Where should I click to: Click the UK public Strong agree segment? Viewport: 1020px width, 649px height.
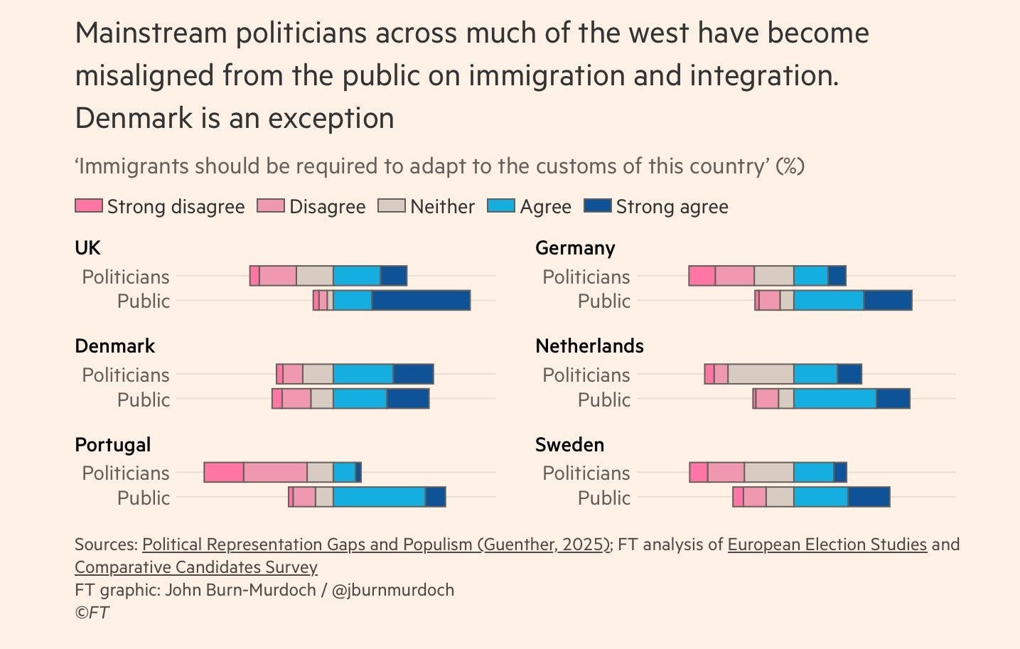click(421, 301)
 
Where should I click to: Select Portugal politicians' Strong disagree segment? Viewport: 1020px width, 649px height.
click(224, 473)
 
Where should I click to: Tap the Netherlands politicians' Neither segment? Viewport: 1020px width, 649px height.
click(761, 375)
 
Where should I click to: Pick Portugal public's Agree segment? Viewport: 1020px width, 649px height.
click(380, 498)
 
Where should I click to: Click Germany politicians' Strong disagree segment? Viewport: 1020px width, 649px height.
click(702, 276)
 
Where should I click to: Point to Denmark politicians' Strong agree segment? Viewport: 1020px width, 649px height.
click(413, 375)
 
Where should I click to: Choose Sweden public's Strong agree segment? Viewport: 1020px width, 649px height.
click(869, 498)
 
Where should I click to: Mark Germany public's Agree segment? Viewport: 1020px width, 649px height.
click(829, 301)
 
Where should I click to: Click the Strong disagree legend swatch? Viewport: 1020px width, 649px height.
click(88, 206)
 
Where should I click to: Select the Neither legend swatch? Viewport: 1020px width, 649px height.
click(391, 206)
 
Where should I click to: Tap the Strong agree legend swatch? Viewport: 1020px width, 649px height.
click(597, 206)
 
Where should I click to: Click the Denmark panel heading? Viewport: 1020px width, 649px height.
click(114, 346)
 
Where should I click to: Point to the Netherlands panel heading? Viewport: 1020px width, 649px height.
click(589, 346)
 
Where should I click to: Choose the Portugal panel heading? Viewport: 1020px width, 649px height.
click(112, 445)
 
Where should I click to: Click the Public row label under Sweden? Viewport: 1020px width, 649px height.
click(603, 498)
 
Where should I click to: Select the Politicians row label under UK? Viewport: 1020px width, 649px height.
click(125, 277)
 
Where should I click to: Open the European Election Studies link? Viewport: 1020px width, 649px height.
click(827, 545)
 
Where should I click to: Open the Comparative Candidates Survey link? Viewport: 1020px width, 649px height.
click(195, 567)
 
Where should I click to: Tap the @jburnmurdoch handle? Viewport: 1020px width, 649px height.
click(392, 590)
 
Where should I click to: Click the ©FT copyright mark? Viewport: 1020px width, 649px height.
click(92, 613)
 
